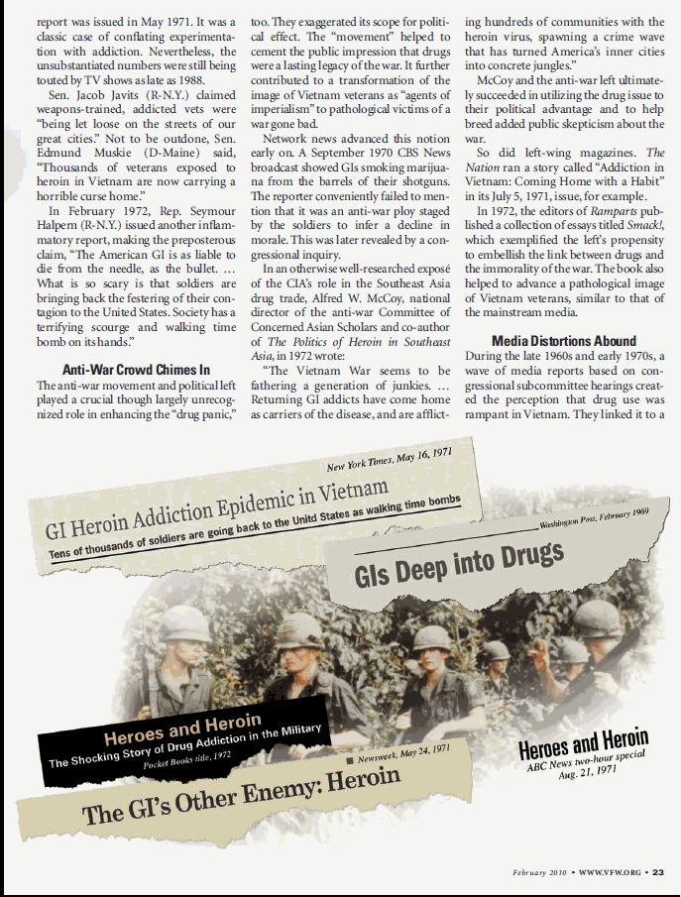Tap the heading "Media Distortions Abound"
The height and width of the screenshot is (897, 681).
(x=564, y=340)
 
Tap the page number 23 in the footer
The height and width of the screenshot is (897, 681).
(x=658, y=871)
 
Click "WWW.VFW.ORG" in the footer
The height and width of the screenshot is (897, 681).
(x=609, y=871)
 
